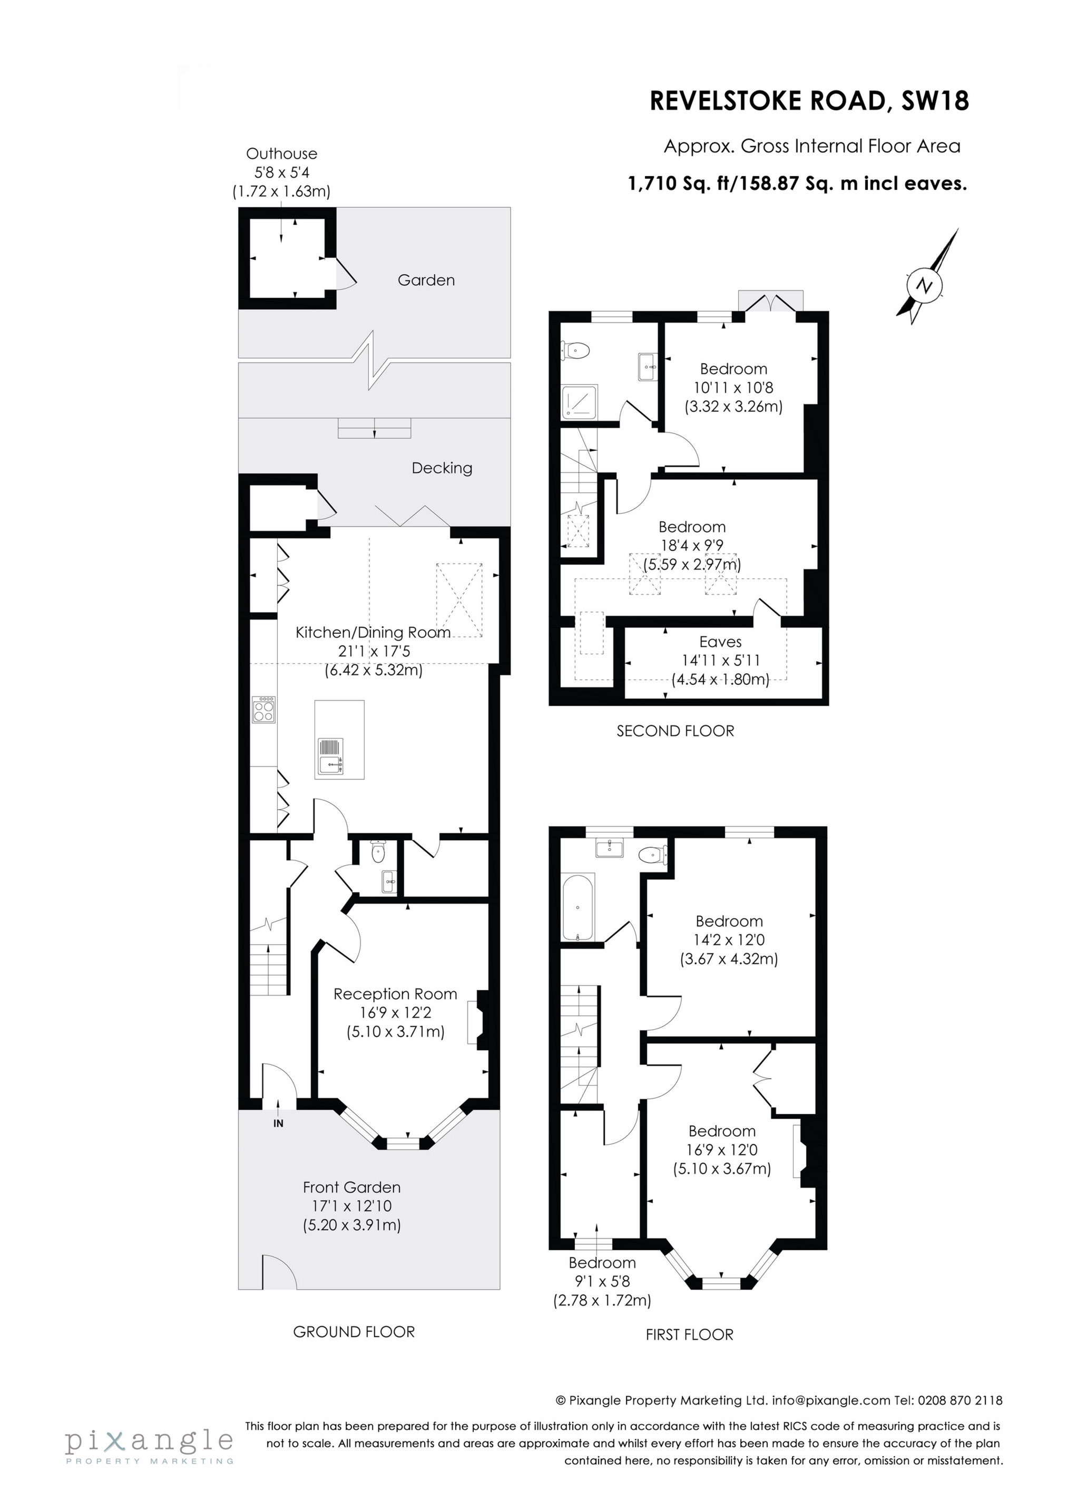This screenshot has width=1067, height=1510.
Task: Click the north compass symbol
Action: tap(926, 285)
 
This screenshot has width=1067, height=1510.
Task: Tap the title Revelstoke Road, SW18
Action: tap(809, 101)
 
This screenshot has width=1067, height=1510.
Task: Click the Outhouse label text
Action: tap(281, 154)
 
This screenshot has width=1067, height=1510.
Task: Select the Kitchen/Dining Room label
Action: tap(373, 633)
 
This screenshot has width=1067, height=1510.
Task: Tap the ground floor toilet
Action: tap(378, 853)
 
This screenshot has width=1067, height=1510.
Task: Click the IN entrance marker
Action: tap(278, 1124)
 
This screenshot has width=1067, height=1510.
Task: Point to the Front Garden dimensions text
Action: tap(352, 1206)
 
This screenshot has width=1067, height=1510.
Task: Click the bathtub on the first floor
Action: tap(578, 907)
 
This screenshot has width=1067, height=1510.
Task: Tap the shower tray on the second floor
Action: tap(579, 402)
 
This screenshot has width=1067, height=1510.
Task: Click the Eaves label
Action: tap(720, 642)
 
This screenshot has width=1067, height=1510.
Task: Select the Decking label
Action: tap(442, 468)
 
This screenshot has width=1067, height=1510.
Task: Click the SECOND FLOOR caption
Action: tap(675, 731)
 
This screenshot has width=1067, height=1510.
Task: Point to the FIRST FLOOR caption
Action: tap(689, 1334)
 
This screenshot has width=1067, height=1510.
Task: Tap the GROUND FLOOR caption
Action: tap(354, 1332)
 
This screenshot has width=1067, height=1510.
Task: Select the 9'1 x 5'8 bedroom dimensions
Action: tap(602, 1282)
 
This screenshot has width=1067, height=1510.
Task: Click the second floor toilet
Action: tap(576, 351)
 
